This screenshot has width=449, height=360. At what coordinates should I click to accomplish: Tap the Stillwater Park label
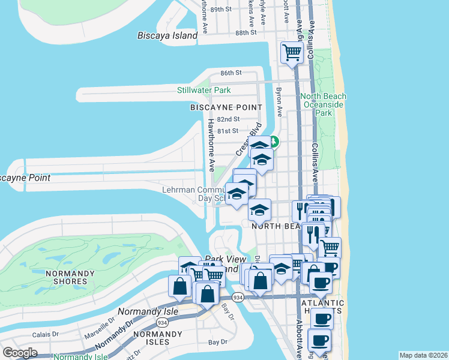click(x=204, y=91)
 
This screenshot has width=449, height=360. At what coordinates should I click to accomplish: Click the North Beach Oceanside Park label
click(x=324, y=104)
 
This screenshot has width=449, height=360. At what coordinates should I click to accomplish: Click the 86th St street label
click(x=231, y=73)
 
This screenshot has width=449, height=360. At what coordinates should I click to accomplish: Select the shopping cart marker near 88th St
click(x=292, y=53)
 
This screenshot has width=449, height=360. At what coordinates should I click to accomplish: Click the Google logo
click(x=20, y=353)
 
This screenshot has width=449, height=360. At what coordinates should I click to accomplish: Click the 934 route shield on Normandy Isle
click(x=161, y=323)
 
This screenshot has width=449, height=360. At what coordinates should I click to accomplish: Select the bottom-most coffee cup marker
click(x=319, y=341)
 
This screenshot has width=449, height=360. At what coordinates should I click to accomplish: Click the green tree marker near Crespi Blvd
click(x=273, y=142)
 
